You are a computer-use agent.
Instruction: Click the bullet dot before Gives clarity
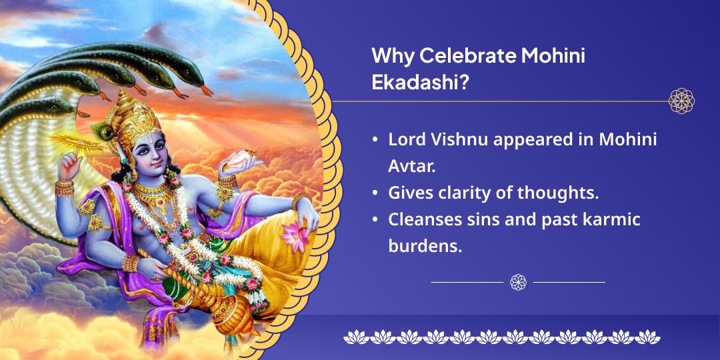(x=376, y=193)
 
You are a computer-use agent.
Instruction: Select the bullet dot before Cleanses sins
(x=376, y=219)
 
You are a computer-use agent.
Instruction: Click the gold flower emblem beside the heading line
(x=681, y=101)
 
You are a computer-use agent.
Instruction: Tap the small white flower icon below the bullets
(x=518, y=282)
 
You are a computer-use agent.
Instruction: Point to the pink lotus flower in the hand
(x=295, y=235)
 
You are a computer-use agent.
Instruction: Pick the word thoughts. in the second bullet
(x=558, y=193)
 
